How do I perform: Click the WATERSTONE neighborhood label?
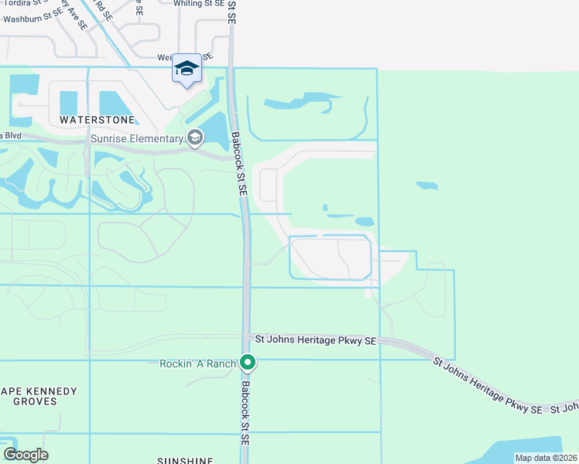tap(97, 121)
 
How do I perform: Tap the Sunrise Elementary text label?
tap(137, 138)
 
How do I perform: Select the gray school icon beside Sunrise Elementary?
tap(196, 138)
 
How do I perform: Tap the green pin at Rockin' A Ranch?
tap(248, 362)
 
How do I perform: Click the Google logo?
tap(26, 455)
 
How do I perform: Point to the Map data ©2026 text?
tap(546, 458)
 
